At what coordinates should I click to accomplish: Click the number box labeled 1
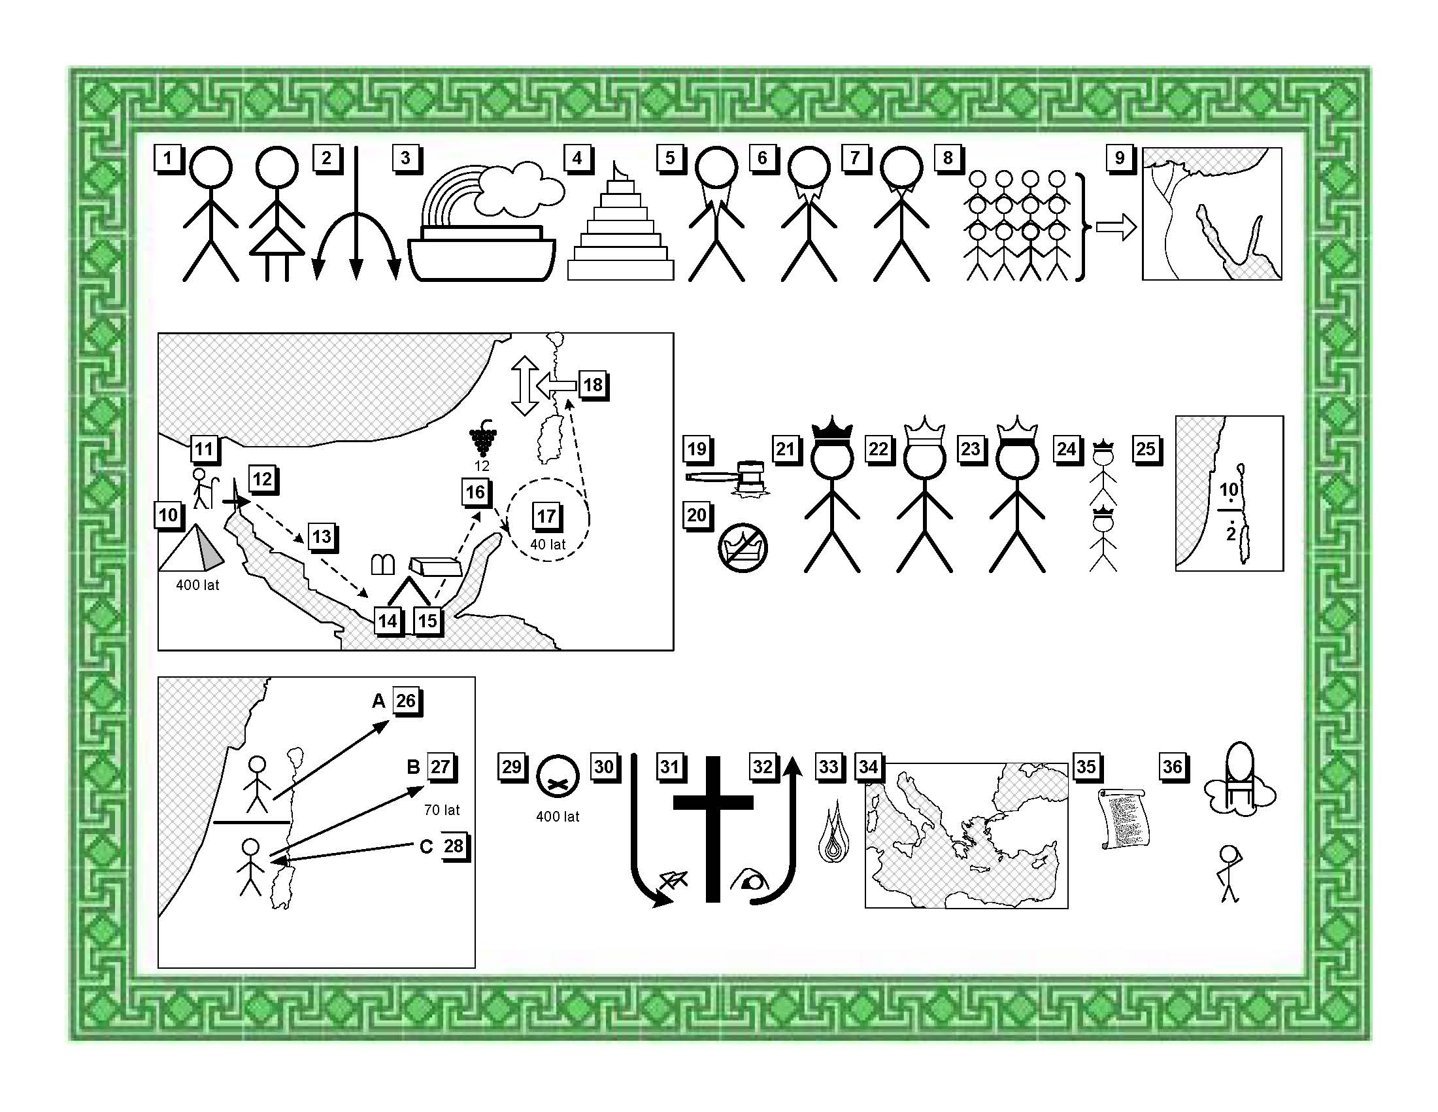click(169, 159)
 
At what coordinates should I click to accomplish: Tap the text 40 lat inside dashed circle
click(548, 545)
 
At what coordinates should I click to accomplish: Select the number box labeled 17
click(547, 517)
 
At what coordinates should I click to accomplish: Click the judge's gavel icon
click(727, 478)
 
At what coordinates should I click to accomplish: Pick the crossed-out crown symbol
click(743, 548)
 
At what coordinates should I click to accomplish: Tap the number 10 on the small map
click(1229, 489)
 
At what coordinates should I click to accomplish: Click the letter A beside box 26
click(378, 701)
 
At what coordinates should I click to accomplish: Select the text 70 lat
click(442, 810)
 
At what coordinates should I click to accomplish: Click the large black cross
click(713, 829)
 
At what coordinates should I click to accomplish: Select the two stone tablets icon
click(383, 565)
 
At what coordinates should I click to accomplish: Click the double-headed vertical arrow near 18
click(525, 385)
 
